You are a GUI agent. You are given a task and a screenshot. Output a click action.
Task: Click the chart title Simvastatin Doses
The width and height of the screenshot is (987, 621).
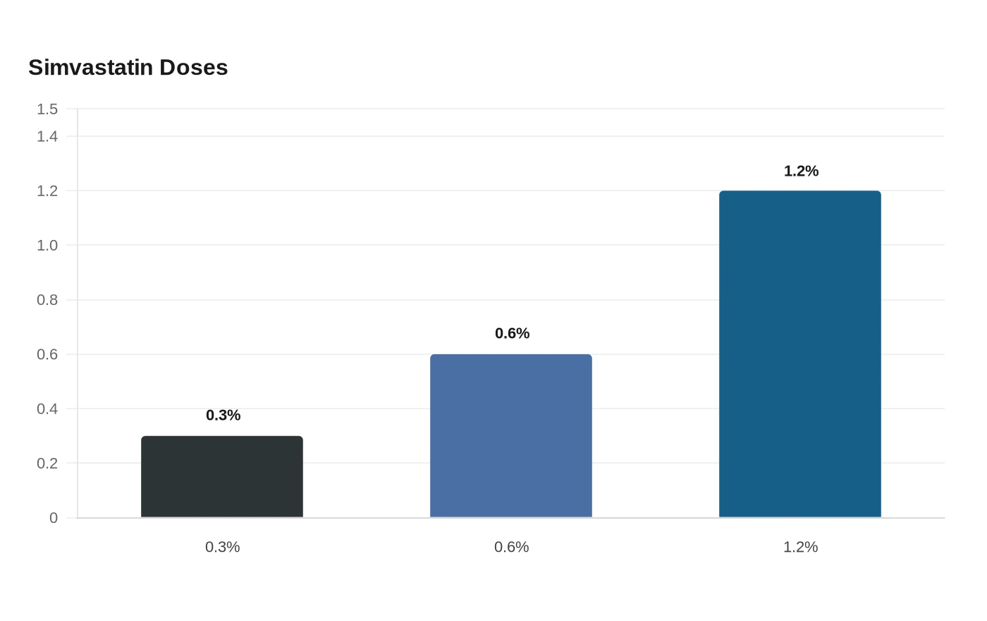pos(128,68)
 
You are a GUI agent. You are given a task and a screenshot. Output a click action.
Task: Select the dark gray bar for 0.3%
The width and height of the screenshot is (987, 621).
pos(222,476)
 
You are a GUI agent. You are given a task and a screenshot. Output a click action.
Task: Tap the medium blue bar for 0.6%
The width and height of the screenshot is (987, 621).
pos(511,435)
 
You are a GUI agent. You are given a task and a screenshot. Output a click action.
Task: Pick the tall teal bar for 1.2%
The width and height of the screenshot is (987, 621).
pos(800,354)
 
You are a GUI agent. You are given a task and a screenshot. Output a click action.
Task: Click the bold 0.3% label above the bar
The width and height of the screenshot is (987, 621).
pos(223,415)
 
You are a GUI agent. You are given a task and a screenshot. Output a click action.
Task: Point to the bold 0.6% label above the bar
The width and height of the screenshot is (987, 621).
pos(513,333)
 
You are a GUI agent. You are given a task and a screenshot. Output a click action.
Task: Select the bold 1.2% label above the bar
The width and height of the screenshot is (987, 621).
pos(802,171)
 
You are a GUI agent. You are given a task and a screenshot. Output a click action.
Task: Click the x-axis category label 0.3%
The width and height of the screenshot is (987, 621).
pos(223,547)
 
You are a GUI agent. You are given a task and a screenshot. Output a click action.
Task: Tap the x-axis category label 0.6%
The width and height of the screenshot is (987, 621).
pos(512,547)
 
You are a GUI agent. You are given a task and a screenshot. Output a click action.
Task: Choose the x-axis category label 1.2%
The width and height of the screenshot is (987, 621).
pos(801,547)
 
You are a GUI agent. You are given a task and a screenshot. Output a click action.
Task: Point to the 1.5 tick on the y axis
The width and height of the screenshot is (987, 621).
pos(47,109)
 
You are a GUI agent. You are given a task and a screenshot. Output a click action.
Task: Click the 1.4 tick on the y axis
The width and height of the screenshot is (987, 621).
pos(47,136)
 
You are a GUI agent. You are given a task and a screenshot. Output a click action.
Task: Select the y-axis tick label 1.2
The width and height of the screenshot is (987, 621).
pos(47,191)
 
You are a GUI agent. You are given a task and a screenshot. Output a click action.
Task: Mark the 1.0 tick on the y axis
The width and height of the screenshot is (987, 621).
pos(47,246)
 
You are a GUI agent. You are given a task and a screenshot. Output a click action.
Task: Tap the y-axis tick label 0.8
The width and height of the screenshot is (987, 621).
pos(47,300)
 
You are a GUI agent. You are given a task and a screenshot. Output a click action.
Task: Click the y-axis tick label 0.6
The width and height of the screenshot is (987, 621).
pos(47,354)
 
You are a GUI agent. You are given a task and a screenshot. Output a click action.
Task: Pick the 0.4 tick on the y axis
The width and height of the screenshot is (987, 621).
pos(47,409)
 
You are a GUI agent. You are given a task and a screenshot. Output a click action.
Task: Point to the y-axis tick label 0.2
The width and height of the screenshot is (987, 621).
pos(47,463)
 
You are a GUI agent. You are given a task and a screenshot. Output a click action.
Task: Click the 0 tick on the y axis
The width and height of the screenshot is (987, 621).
pos(54,518)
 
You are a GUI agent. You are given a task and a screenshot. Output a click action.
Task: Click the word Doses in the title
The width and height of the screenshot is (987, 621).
pos(194,68)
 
